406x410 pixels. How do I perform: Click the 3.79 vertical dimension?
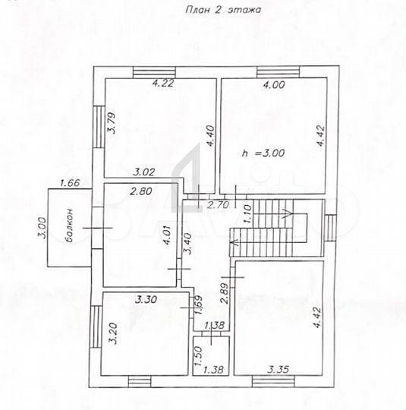point(111,123)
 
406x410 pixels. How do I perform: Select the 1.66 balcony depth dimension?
point(70,182)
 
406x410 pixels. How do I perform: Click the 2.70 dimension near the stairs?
point(219,204)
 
